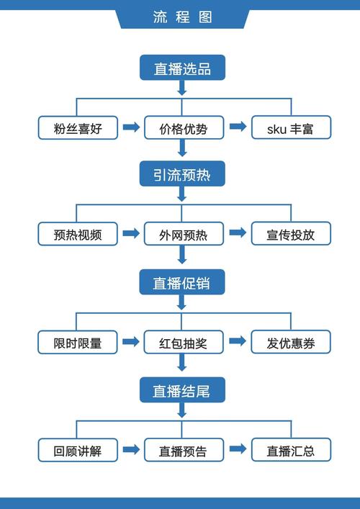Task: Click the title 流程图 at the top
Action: (183, 17)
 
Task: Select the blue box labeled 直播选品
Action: (182, 68)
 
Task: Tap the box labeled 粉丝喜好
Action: (78, 128)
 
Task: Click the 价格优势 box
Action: (183, 128)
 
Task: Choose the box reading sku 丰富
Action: (290, 128)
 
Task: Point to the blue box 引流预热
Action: (182, 174)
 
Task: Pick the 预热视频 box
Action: (78, 234)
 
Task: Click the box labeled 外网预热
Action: (183, 234)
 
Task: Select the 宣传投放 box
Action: (290, 234)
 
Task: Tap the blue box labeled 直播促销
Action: (182, 282)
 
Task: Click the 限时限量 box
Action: (78, 342)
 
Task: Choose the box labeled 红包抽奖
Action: (183, 342)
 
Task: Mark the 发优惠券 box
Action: (290, 342)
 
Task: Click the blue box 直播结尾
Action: (182, 390)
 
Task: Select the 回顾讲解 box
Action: (78, 450)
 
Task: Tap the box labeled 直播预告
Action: (183, 450)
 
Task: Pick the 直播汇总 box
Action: (290, 450)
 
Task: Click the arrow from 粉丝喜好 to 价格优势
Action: (131, 127)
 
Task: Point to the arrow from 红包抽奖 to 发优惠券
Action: (237, 341)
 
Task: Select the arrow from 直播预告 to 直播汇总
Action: (237, 449)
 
